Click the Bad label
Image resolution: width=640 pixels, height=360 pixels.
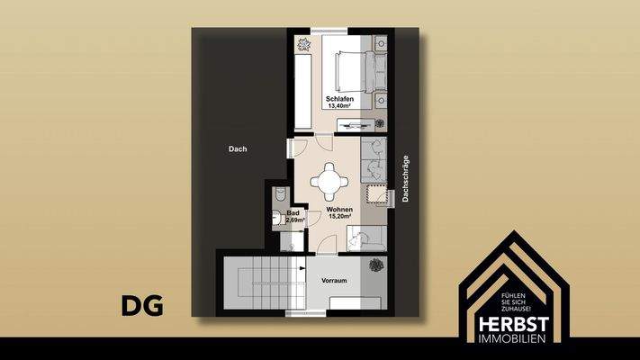[x=293, y=212]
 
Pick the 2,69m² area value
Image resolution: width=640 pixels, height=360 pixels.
[x=294, y=220]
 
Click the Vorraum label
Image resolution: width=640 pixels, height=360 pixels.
[x=334, y=281]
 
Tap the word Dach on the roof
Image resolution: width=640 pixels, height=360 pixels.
[x=238, y=149]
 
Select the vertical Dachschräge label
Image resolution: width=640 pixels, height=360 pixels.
[x=407, y=178]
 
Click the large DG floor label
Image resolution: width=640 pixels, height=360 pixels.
[x=143, y=306]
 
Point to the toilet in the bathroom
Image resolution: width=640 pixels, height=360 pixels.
[x=278, y=196]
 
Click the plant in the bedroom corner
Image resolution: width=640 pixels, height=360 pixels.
[x=300, y=40]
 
